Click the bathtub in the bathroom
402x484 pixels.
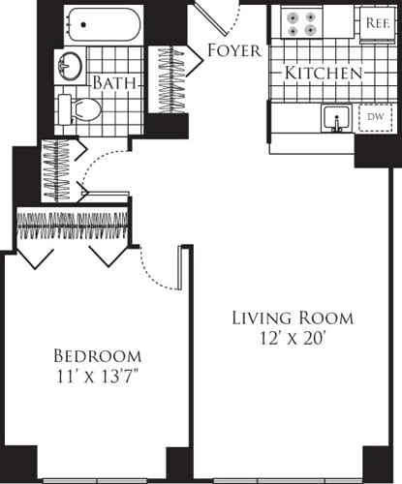(x=103, y=24)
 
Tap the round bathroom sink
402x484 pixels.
(x=70, y=67)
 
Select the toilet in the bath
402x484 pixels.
(x=77, y=108)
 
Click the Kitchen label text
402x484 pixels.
(x=324, y=73)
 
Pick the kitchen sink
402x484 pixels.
(x=336, y=118)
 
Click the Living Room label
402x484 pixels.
(x=292, y=318)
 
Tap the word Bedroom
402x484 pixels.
(x=97, y=354)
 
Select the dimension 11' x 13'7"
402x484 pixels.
(x=97, y=376)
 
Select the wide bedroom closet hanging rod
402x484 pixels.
(x=73, y=226)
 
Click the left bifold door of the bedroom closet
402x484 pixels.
(x=37, y=255)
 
